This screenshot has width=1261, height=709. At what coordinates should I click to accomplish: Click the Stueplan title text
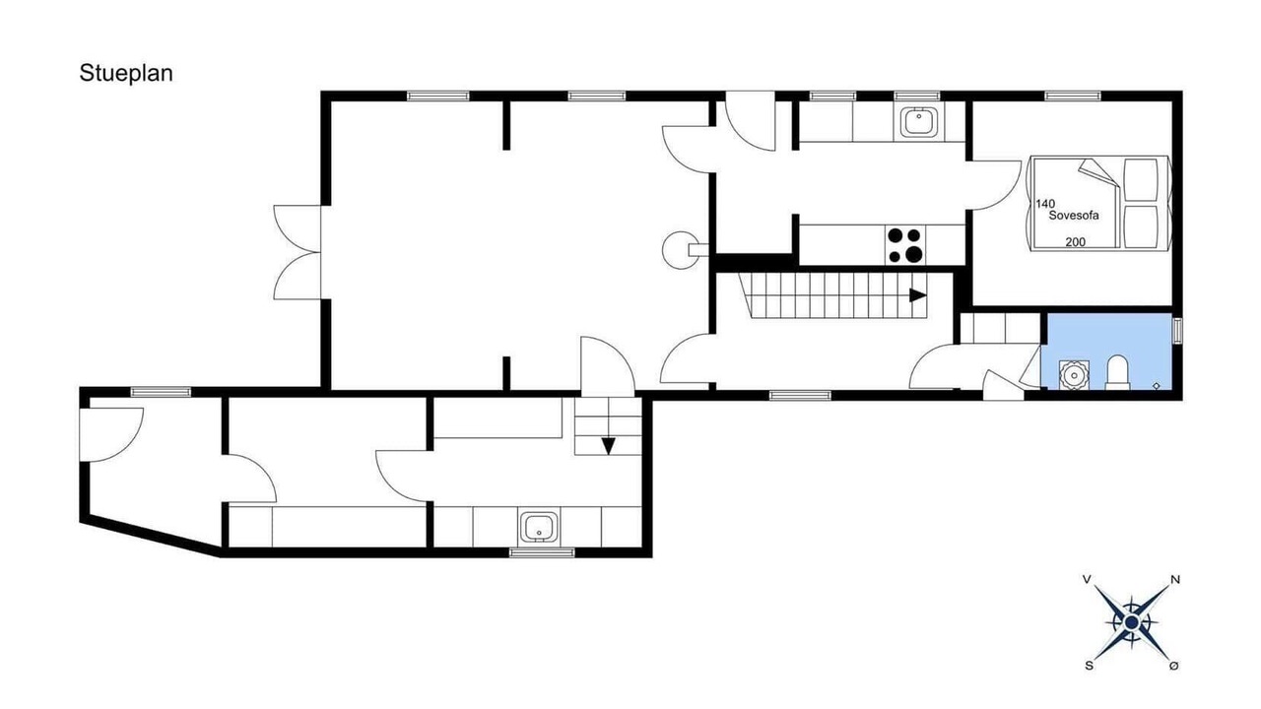click(x=126, y=73)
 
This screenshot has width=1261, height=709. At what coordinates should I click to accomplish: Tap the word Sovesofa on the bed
click(x=1074, y=216)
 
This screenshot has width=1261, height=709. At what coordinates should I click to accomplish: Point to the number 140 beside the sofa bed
click(x=1045, y=204)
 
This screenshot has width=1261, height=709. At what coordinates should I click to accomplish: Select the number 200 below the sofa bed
click(x=1075, y=242)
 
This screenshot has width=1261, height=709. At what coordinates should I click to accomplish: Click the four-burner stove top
click(x=905, y=245)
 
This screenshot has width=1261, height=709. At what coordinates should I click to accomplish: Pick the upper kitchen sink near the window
click(x=920, y=122)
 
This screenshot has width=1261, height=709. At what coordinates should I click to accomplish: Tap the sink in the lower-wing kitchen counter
click(x=539, y=527)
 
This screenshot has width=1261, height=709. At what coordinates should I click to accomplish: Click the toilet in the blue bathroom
click(x=1118, y=372)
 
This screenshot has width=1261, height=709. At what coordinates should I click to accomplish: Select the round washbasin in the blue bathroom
click(x=1074, y=375)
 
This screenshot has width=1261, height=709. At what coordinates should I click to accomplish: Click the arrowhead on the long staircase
click(x=918, y=294)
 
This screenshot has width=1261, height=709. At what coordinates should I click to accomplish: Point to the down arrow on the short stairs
click(x=608, y=446)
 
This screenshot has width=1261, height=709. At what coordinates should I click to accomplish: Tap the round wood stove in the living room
click(x=681, y=250)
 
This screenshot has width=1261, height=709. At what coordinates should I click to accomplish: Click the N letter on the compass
click(x=1175, y=580)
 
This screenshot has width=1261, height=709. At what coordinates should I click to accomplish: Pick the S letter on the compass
click(x=1089, y=667)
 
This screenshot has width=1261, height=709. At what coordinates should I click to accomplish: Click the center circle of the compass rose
click(x=1132, y=622)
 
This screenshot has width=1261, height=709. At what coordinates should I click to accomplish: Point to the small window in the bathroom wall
click(x=1177, y=330)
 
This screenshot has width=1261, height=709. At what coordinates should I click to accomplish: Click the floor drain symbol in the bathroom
click(x=1157, y=385)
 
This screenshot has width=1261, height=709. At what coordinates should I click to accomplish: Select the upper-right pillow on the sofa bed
click(x=1141, y=179)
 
